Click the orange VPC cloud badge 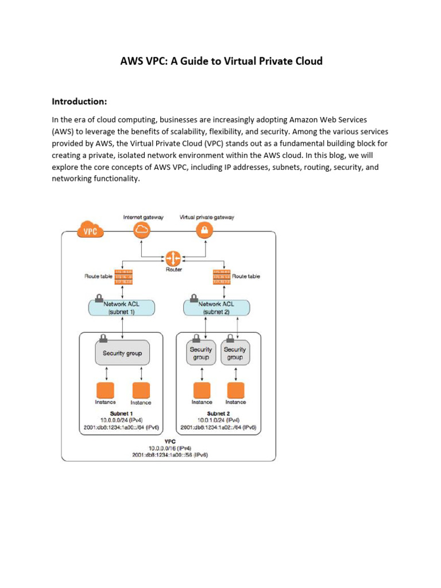pyautogui.click(x=90, y=232)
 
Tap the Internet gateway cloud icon pyautogui.click(x=141, y=231)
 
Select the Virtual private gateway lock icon pyautogui.click(x=206, y=231)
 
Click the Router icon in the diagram pyautogui.click(x=173, y=258)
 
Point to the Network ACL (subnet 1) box pyautogui.click(x=122, y=307)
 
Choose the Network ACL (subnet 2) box pyautogui.click(x=217, y=307)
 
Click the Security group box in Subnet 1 pyautogui.click(x=122, y=353)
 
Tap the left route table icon pyautogui.click(x=123, y=277)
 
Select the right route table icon pyautogui.click(x=221, y=277)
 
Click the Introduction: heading pyautogui.click(x=79, y=102)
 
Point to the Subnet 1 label pyautogui.click(x=122, y=413)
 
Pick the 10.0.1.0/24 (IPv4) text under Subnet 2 pyautogui.click(x=218, y=420)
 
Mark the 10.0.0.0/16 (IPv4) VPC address pyautogui.click(x=169, y=447)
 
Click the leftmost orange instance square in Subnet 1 pyautogui.click(x=105, y=390)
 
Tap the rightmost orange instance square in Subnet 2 pyautogui.click(x=235, y=390)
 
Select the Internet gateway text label pyautogui.click(x=143, y=217)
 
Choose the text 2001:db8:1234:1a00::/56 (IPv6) pyautogui.click(x=169, y=454)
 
